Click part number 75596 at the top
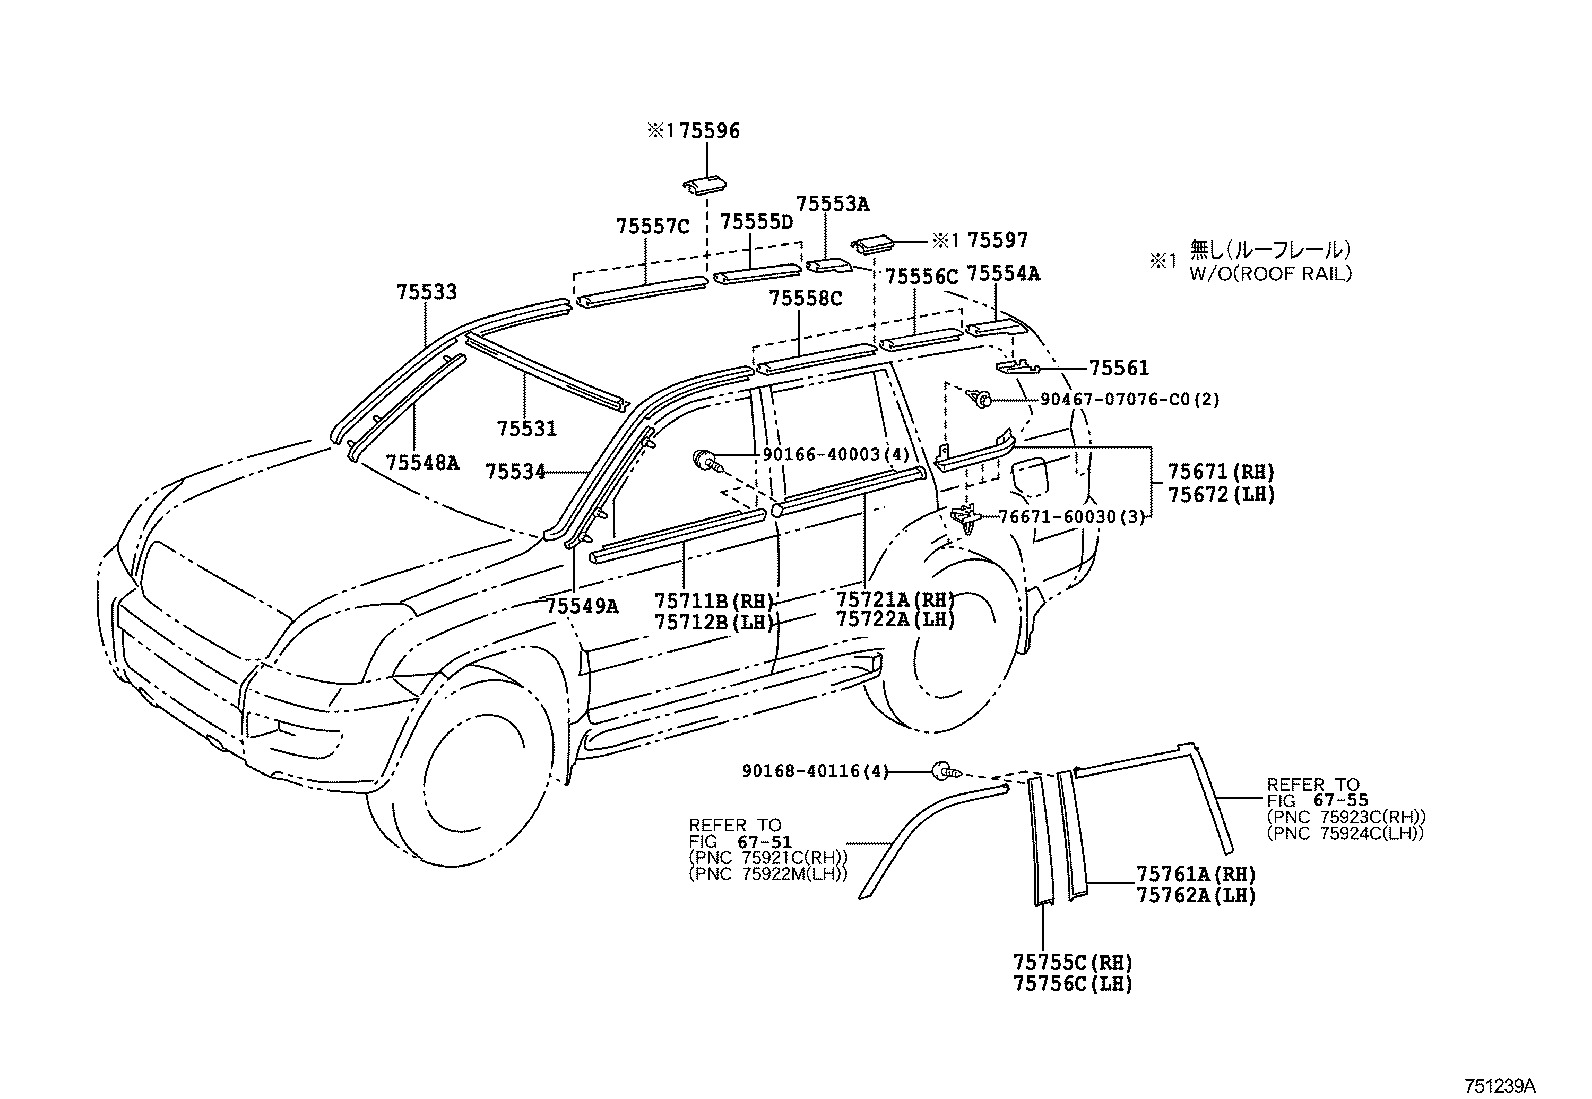tap(709, 131)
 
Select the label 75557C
tap(652, 226)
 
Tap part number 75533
tap(426, 291)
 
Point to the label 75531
tap(527, 429)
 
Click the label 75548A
tap(422, 463)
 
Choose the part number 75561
tap(1119, 368)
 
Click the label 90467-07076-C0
tap(1115, 400)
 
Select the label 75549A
tap(582, 606)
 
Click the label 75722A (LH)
tap(896, 619)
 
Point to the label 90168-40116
tap(801, 771)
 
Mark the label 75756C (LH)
tap(1072, 984)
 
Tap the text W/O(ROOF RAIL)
tap(1271, 274)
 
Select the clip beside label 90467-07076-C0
tap(981, 400)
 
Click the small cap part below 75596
tap(704, 185)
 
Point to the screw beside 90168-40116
tap(947, 770)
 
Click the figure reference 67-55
tap(1343, 800)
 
